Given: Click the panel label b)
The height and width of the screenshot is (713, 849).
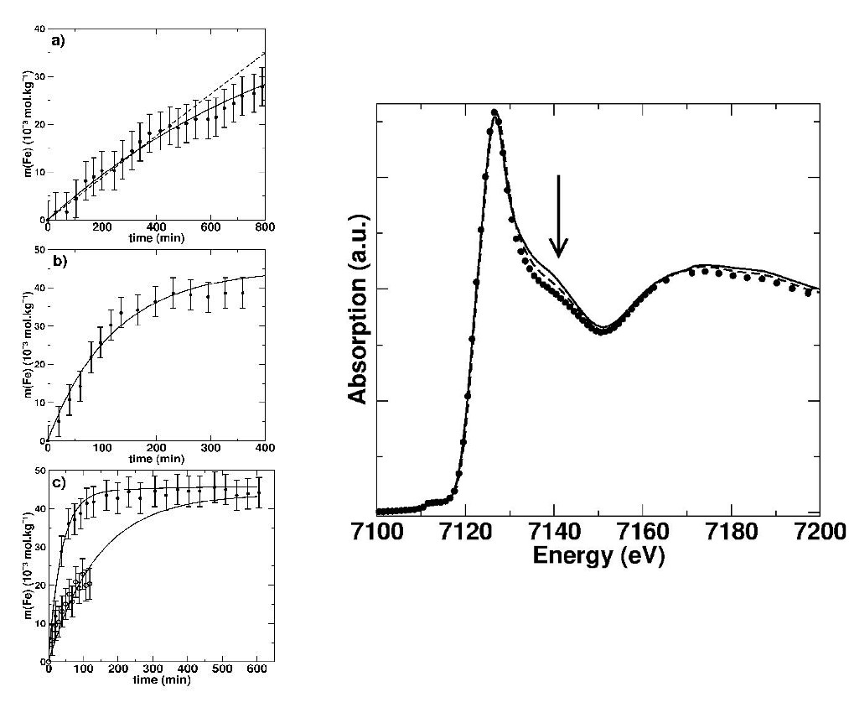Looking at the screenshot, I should pyautogui.click(x=58, y=261).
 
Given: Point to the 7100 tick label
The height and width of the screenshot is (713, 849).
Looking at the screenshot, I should pyautogui.click(x=375, y=533).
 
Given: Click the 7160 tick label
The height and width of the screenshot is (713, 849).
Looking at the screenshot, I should pyautogui.click(x=642, y=533).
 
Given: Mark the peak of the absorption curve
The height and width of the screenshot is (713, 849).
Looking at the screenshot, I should pyautogui.click(x=495, y=112).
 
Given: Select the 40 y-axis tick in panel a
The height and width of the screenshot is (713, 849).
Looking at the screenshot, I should pyautogui.click(x=39, y=29).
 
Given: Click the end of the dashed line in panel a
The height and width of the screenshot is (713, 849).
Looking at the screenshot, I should pyautogui.click(x=265, y=52).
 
